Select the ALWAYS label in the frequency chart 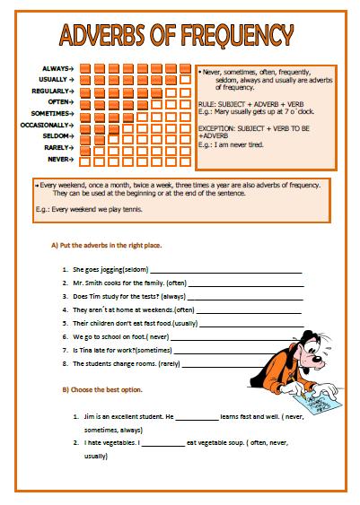[55, 68]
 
